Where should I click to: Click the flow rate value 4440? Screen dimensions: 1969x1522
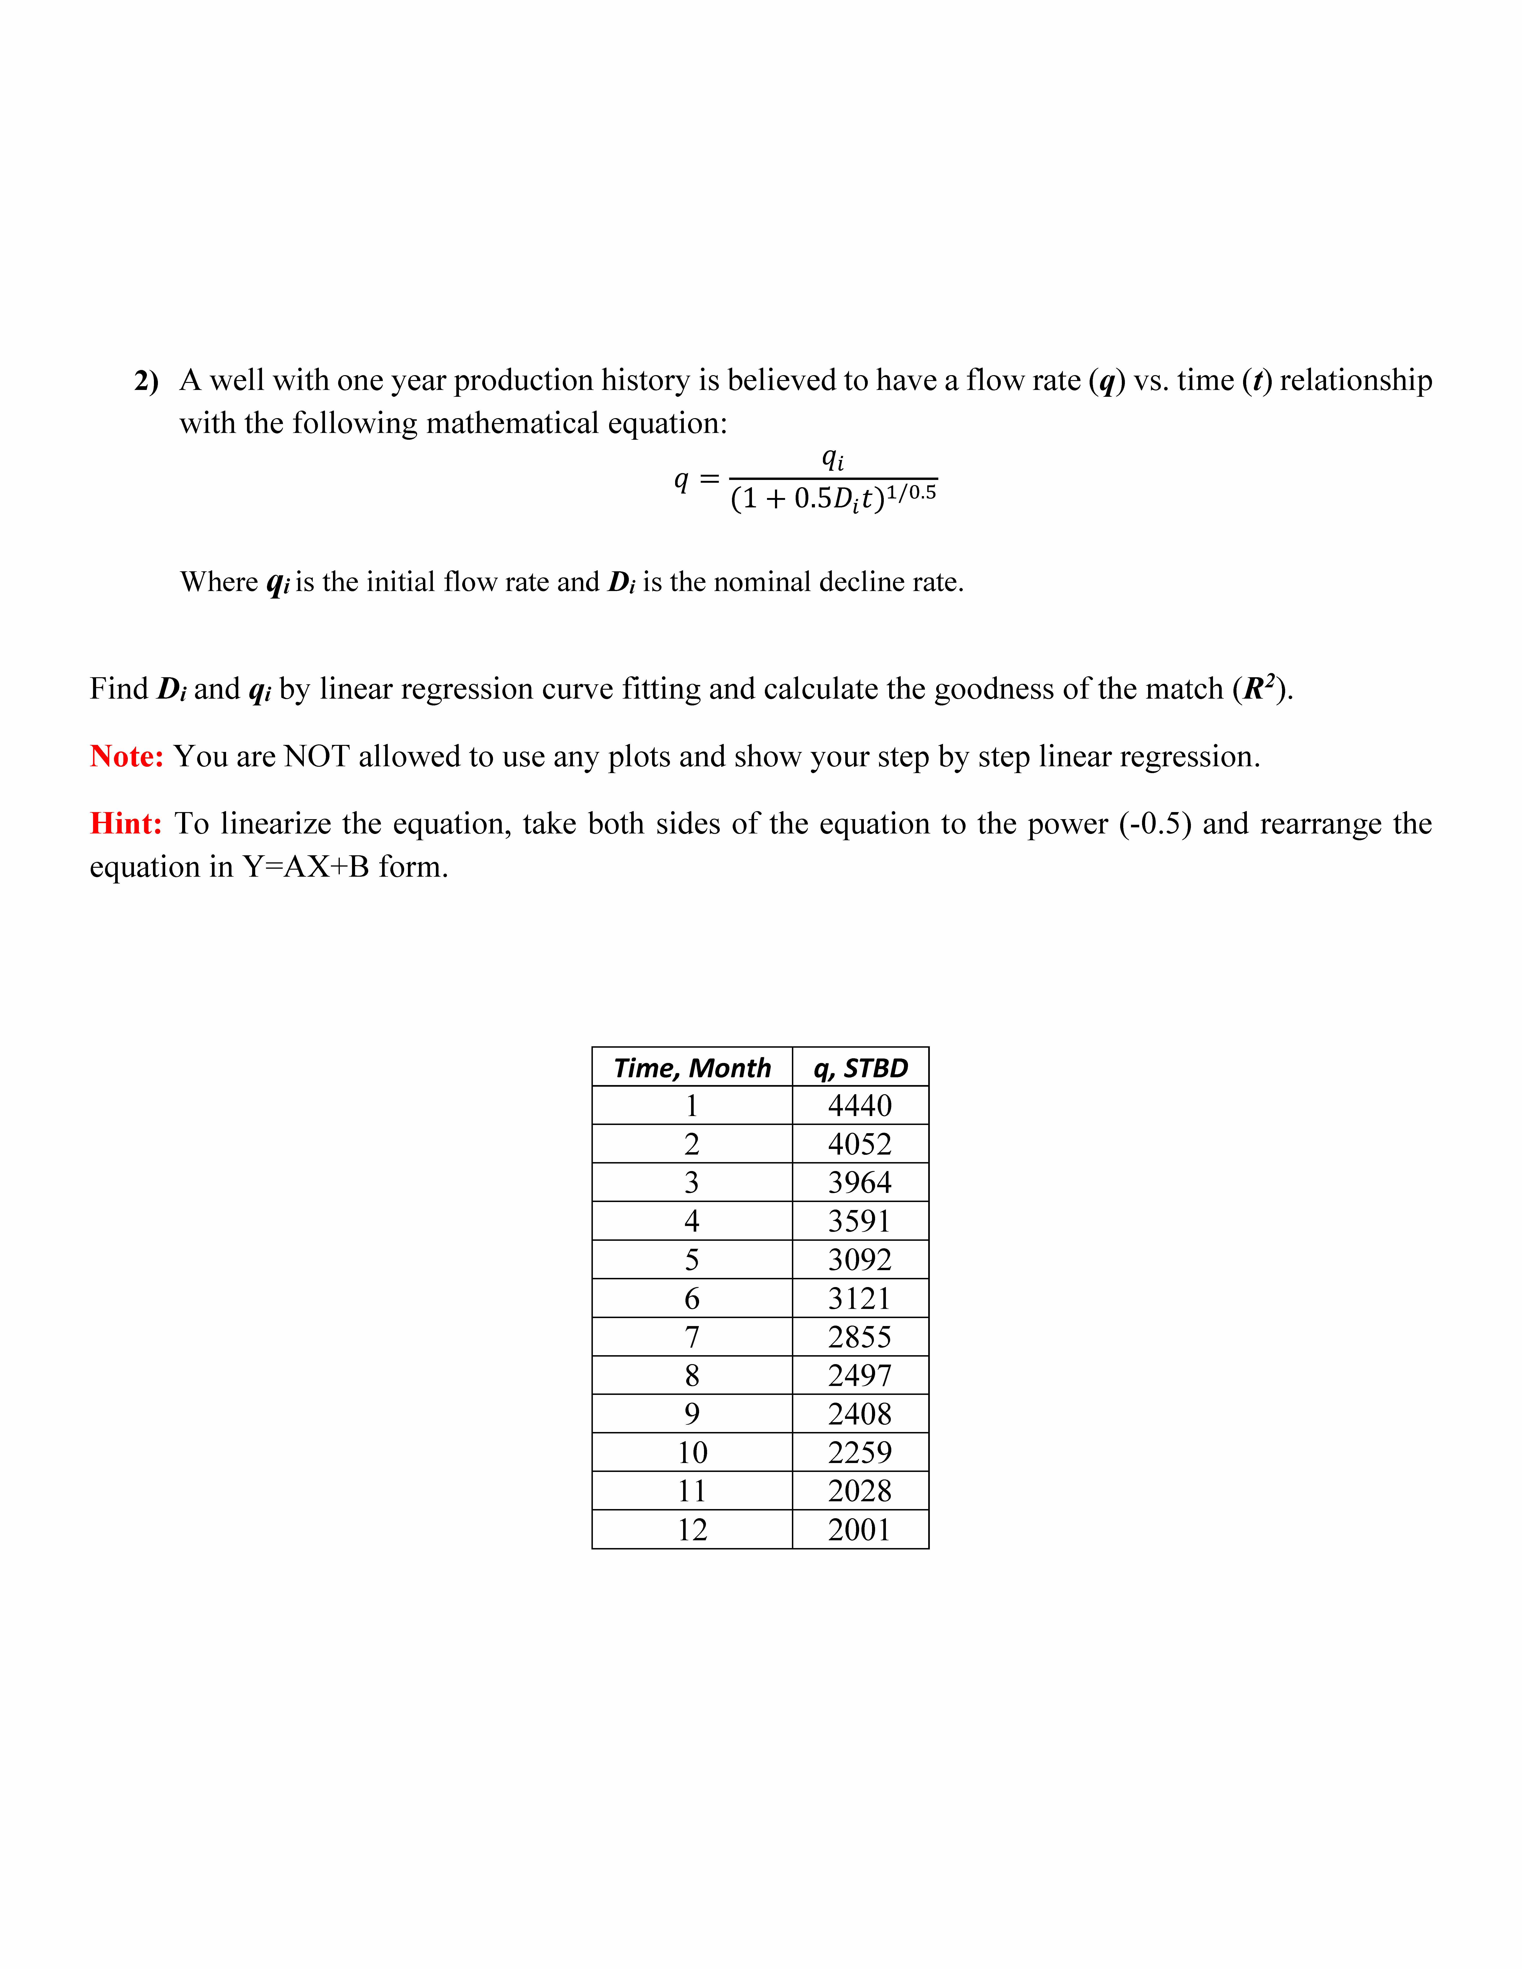coord(859,1105)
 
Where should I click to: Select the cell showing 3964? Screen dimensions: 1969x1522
coord(859,1182)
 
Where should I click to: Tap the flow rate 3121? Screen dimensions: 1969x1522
coord(859,1298)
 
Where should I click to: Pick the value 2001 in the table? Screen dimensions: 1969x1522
coord(859,1530)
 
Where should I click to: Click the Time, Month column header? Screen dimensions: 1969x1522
coord(692,1067)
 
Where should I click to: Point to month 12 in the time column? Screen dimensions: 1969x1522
coord(692,1530)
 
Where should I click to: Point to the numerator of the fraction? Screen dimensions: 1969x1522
coord(832,459)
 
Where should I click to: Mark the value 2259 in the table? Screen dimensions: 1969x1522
coord(859,1452)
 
